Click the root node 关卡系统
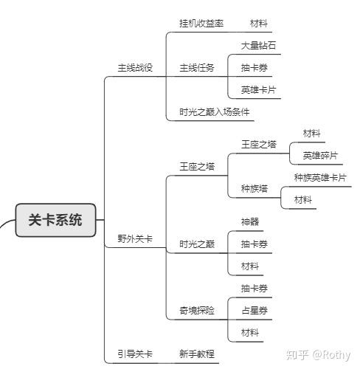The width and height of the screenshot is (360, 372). tap(55, 220)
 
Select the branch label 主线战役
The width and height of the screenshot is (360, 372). tap(135, 68)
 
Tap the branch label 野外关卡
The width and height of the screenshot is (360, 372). tap(135, 238)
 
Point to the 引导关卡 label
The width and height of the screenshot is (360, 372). tap(135, 354)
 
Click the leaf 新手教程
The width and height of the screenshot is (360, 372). tap(197, 354)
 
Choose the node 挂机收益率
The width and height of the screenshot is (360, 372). tap(201, 24)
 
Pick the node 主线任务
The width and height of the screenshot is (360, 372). tap(197, 68)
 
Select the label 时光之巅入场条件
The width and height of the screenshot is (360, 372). tap(214, 112)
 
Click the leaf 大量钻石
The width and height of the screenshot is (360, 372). tap(258, 46)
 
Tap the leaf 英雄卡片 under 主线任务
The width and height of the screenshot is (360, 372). tap(258, 90)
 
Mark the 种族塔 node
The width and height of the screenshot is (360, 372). tap(255, 189)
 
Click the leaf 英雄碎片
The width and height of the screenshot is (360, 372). tap(320, 156)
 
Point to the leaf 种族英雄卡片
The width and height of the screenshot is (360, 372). tap(320, 178)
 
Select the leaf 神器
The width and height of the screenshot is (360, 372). tap(250, 222)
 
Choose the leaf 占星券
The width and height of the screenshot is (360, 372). tap(255, 311)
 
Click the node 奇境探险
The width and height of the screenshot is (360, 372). tap(197, 311)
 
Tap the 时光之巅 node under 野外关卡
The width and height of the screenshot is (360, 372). tap(197, 244)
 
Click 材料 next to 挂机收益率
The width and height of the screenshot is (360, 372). tap(259, 24)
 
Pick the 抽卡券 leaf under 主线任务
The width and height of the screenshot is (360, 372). tap(255, 68)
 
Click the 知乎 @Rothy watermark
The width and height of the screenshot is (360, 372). tap(318, 355)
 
